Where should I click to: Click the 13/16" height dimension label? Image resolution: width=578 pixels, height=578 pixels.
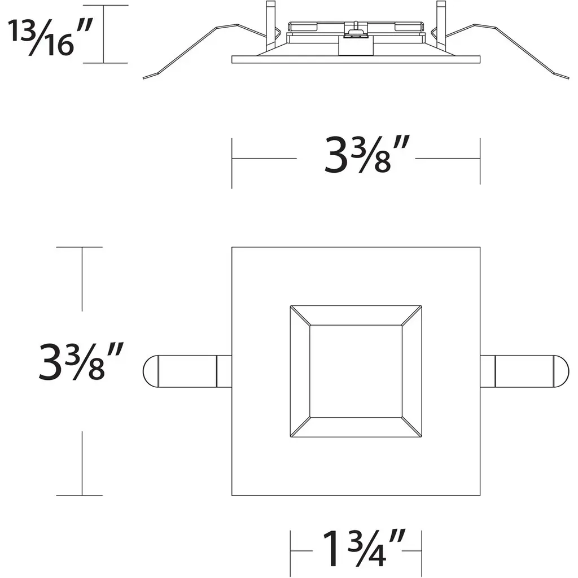click(x=50, y=38)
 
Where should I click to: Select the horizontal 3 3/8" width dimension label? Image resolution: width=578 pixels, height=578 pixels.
click(x=367, y=155)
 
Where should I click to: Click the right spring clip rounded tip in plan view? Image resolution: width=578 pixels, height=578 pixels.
click(x=561, y=371)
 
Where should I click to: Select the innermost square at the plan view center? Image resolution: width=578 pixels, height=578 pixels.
click(x=356, y=371)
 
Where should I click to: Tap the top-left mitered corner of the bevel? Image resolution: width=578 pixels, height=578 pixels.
click(x=300, y=316)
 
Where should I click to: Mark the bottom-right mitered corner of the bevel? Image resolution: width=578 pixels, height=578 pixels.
click(x=411, y=427)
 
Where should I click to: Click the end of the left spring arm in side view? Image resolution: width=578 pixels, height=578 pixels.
click(x=143, y=78)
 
